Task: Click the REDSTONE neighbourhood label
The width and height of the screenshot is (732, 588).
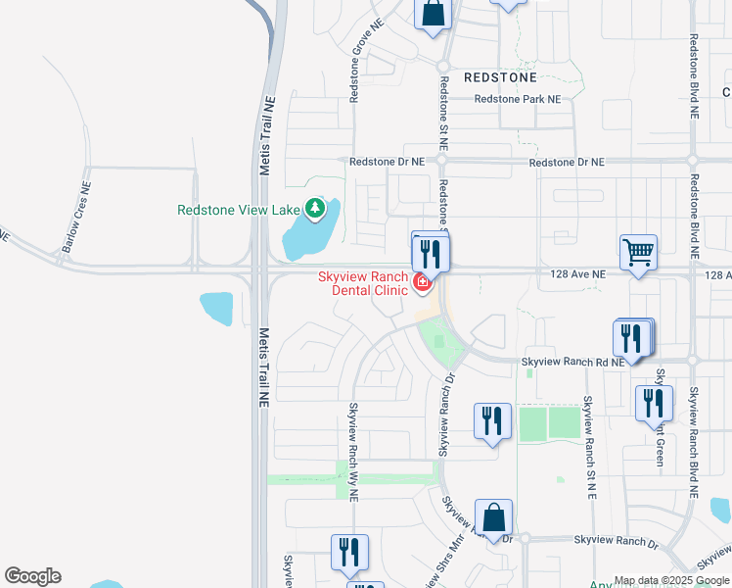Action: (x=500, y=76)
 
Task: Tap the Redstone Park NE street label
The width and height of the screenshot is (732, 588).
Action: (x=518, y=99)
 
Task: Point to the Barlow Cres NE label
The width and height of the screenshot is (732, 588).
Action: (x=75, y=217)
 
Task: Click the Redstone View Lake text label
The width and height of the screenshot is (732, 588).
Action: (x=239, y=210)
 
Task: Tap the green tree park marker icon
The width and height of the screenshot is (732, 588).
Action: (x=314, y=209)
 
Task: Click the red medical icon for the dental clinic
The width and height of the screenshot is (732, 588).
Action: (x=422, y=283)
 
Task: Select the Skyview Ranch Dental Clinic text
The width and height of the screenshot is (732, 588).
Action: (x=362, y=283)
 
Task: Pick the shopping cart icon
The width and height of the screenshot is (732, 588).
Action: (x=638, y=253)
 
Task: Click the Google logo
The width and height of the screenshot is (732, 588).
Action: (x=32, y=576)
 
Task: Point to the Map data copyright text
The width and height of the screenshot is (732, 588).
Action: (x=671, y=580)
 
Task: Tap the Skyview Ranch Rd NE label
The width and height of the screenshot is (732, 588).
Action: (x=572, y=362)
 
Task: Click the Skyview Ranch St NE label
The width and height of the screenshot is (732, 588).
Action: (x=589, y=446)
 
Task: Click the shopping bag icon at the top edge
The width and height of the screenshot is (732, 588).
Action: (x=432, y=15)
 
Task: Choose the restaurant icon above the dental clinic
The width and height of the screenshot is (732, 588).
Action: (x=431, y=253)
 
